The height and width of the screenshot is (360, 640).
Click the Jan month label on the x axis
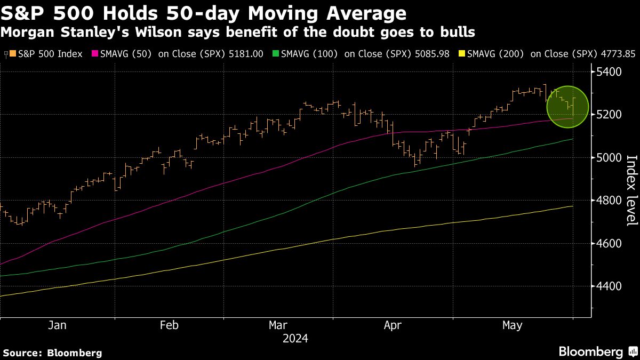coord(57,325)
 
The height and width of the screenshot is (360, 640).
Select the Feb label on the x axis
coord(169,325)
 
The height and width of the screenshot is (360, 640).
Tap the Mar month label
coord(278,325)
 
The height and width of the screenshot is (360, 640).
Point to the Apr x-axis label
coord(393,325)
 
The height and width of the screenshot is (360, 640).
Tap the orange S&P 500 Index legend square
coord(13,54)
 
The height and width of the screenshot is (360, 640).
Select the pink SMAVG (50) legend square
coord(95,54)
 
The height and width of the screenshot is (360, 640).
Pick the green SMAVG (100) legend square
coord(276,54)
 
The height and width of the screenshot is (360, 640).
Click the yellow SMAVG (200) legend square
coord(461,54)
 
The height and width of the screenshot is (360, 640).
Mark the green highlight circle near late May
coord(567,107)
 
